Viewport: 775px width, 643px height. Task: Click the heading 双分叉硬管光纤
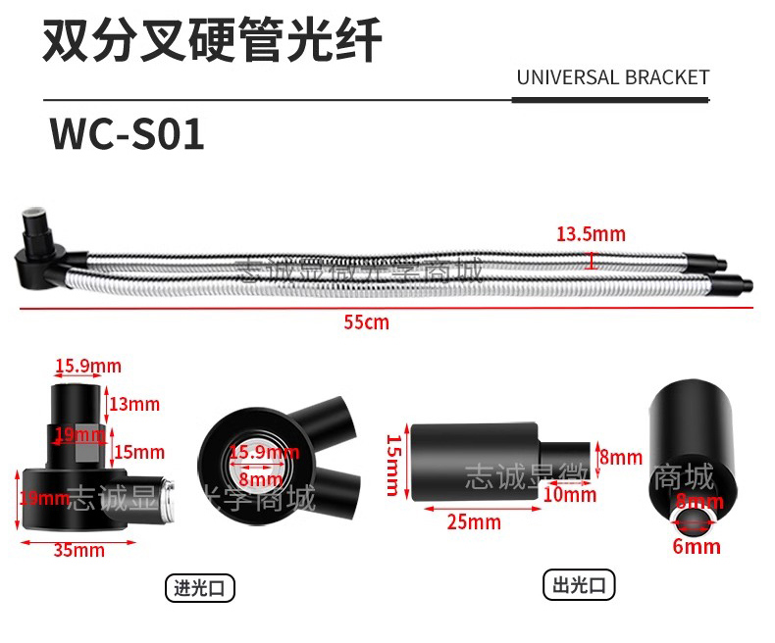(211, 42)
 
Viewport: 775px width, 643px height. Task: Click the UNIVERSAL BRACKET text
(612, 77)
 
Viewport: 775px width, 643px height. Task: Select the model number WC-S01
(128, 135)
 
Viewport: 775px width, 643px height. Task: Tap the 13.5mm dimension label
(591, 234)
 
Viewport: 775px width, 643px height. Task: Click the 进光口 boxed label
(199, 588)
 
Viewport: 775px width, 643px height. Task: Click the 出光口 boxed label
(579, 586)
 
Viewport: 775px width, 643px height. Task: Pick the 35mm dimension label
(78, 550)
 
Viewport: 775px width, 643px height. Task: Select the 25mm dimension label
(474, 522)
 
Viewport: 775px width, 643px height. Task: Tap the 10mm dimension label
(570, 495)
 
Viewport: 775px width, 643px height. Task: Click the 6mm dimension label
(697, 546)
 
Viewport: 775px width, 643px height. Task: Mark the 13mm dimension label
(134, 404)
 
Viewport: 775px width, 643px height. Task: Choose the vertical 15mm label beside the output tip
(393, 465)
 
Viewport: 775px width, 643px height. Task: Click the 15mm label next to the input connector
(138, 452)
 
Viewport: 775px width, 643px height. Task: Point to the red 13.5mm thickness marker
(591, 260)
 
